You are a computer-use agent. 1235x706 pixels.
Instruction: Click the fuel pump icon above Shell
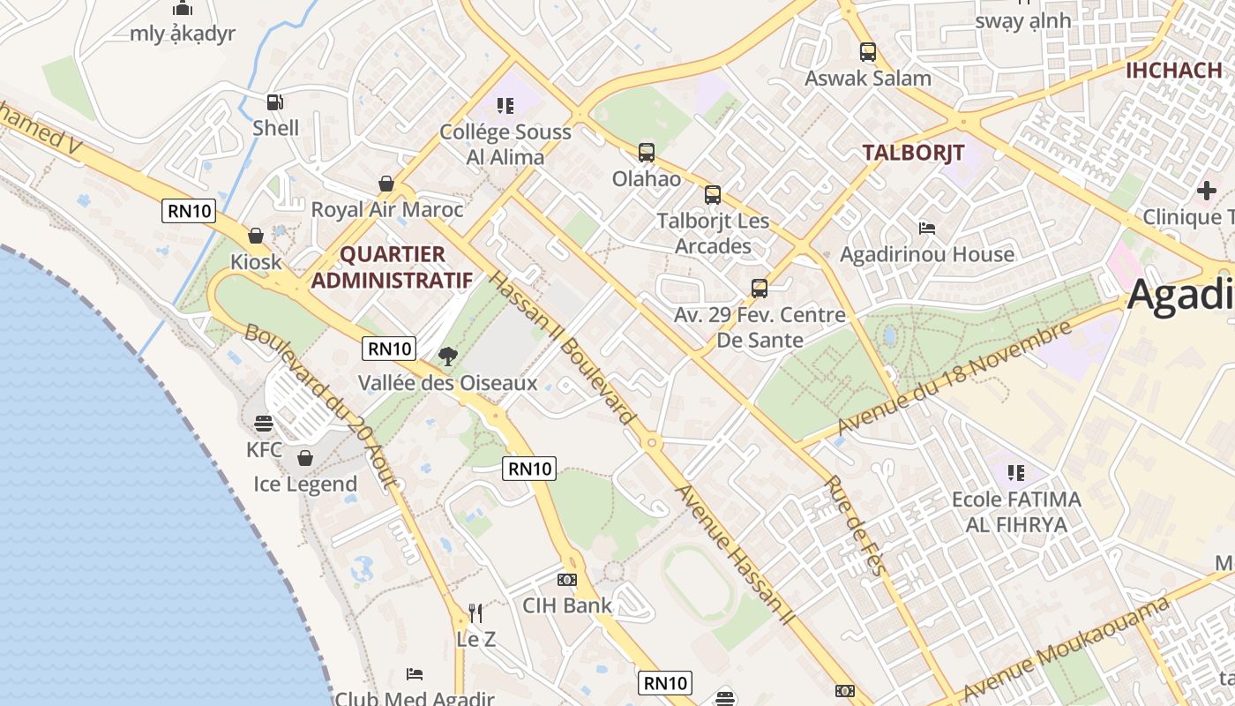click(275, 102)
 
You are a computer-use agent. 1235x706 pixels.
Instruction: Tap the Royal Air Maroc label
click(386, 210)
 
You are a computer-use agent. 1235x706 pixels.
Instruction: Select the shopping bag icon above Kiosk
click(256, 236)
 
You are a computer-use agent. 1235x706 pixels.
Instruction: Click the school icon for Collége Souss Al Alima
click(505, 106)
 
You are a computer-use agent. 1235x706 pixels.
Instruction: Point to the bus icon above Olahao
click(647, 153)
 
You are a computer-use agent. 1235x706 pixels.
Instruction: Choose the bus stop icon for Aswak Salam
click(868, 52)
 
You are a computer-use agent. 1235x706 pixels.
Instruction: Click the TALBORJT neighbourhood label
click(913, 152)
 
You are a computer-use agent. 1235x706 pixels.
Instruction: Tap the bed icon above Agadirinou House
click(926, 228)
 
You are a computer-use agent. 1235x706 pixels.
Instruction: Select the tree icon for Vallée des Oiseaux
click(448, 357)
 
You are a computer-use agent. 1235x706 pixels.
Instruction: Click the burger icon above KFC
click(264, 424)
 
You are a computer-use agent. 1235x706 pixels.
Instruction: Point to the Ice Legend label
click(305, 484)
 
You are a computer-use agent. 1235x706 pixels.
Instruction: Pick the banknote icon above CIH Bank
click(566, 580)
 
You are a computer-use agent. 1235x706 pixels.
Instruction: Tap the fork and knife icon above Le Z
click(475, 612)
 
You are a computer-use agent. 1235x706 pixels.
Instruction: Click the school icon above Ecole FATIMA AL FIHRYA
click(1015, 473)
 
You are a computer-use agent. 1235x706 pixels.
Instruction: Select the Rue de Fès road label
click(853, 526)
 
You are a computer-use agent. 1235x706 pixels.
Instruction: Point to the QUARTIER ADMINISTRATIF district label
click(393, 267)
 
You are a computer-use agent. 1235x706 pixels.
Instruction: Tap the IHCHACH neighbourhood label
click(1173, 71)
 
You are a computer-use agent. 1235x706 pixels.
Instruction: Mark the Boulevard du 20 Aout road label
click(323, 407)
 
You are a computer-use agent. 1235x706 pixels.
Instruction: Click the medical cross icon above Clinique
click(1206, 190)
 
